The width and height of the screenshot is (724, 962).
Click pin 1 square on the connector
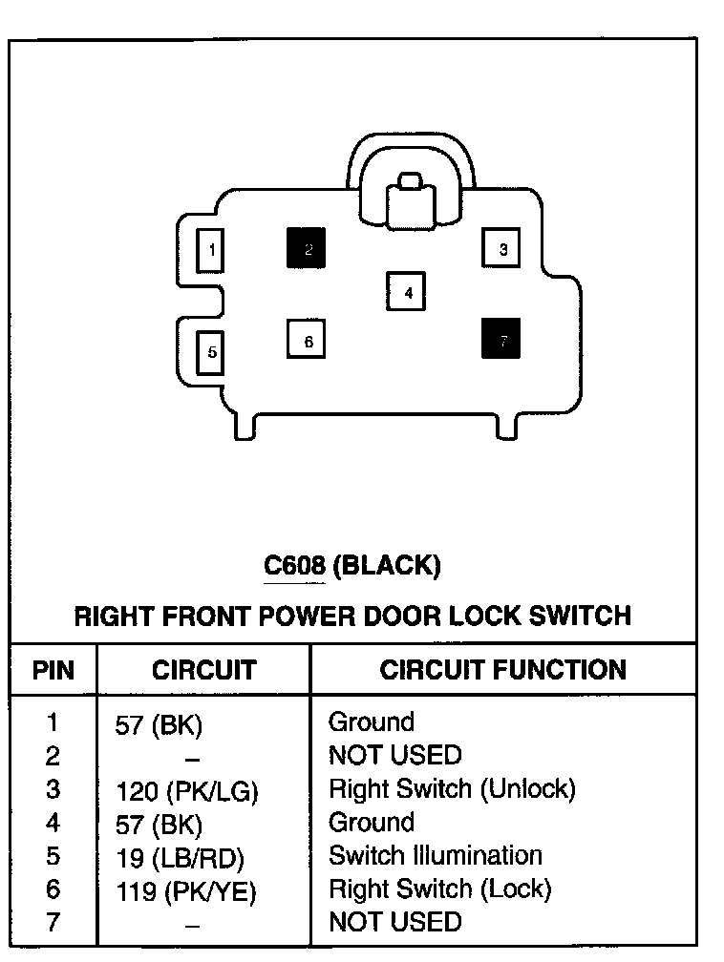tap(211, 251)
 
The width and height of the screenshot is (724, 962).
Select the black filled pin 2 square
tap(307, 249)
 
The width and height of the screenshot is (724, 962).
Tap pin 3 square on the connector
tap(502, 250)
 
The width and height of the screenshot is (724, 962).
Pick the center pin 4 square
tap(407, 292)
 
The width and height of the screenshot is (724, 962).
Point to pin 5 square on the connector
tap(211, 352)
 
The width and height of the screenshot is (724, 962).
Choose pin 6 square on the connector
tap(307, 340)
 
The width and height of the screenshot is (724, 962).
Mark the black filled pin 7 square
tap(502, 338)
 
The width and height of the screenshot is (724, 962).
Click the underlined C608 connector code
tap(295, 566)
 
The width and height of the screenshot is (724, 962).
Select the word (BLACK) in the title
tap(390, 566)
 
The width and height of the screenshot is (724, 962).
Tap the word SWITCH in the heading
tap(578, 615)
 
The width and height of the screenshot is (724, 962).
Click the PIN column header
tap(53, 670)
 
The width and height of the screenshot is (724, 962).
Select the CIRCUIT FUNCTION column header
tap(502, 670)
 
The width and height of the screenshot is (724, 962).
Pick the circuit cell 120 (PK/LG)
tap(186, 791)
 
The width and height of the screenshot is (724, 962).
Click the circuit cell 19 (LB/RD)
tap(180, 857)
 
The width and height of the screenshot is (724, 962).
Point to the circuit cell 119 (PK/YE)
tap(186, 891)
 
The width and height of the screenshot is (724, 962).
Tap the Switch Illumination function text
tap(435, 855)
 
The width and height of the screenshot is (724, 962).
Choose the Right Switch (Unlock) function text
tap(452, 789)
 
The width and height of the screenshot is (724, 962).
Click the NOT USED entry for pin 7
tap(394, 922)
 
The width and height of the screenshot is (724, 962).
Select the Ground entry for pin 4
tap(371, 822)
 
